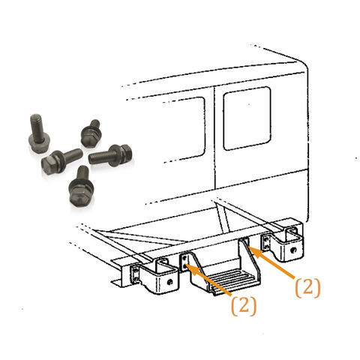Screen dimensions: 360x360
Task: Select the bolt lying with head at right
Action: [x=109, y=154]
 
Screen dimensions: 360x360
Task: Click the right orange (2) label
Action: [x=307, y=286]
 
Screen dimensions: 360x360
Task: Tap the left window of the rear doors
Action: [x=181, y=128]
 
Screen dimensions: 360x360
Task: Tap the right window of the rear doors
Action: [x=246, y=118]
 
